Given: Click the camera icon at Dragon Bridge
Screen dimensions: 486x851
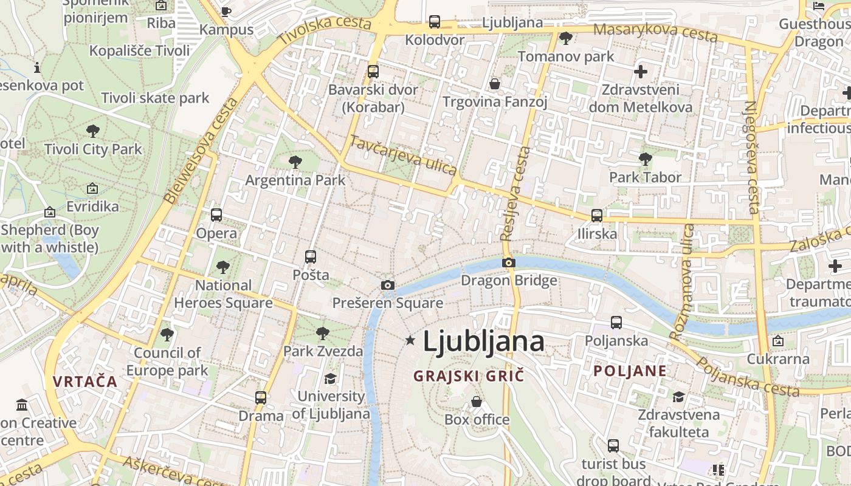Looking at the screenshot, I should pos(509,262).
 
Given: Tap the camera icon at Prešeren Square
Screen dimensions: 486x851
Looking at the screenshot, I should pos(387,285).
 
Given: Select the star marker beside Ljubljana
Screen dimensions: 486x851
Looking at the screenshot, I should pos(410,341).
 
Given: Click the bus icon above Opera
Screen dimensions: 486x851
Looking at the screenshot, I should pos(216,214).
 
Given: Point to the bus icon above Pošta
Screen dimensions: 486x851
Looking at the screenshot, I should pos(311,256).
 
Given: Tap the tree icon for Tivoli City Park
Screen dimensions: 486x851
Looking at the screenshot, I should pos(93,131).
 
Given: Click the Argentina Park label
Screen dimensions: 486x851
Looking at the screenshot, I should pos(295,180).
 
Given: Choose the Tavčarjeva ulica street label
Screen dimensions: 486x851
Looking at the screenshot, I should pos(403,155).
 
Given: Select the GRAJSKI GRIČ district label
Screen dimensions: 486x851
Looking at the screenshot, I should pos(468,376).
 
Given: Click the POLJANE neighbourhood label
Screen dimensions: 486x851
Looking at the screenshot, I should pos(630,371).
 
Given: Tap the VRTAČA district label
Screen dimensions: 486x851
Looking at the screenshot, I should pos(84,382).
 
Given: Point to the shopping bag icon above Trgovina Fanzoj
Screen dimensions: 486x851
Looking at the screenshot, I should pos(495,83).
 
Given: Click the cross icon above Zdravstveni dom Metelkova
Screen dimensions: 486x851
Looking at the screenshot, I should pos(640,72).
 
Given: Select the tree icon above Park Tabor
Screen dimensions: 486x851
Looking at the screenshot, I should pos(645,159).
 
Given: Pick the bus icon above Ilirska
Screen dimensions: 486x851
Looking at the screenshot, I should pos(597,215).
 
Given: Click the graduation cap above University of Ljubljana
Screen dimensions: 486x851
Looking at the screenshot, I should pos(330,378).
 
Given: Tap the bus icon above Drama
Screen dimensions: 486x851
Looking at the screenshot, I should pos(260,398).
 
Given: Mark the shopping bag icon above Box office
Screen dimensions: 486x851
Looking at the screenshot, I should pos(477,402).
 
